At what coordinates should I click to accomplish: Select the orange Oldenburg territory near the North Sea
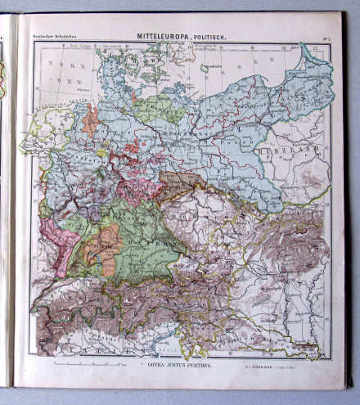click(91, 119)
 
